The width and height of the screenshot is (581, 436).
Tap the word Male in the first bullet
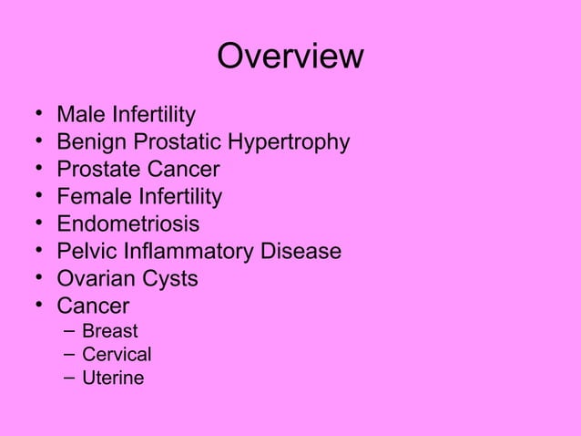coord(79,116)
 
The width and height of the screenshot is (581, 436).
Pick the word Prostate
coord(97,171)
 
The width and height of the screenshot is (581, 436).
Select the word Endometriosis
coord(127,224)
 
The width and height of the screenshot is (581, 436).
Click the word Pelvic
coord(86,251)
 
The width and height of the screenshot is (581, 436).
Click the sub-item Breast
coord(110,331)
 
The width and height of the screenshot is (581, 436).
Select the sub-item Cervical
coord(117,355)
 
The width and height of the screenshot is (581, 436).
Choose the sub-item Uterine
coord(113,378)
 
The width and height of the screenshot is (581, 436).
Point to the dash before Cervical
coord(67,355)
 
